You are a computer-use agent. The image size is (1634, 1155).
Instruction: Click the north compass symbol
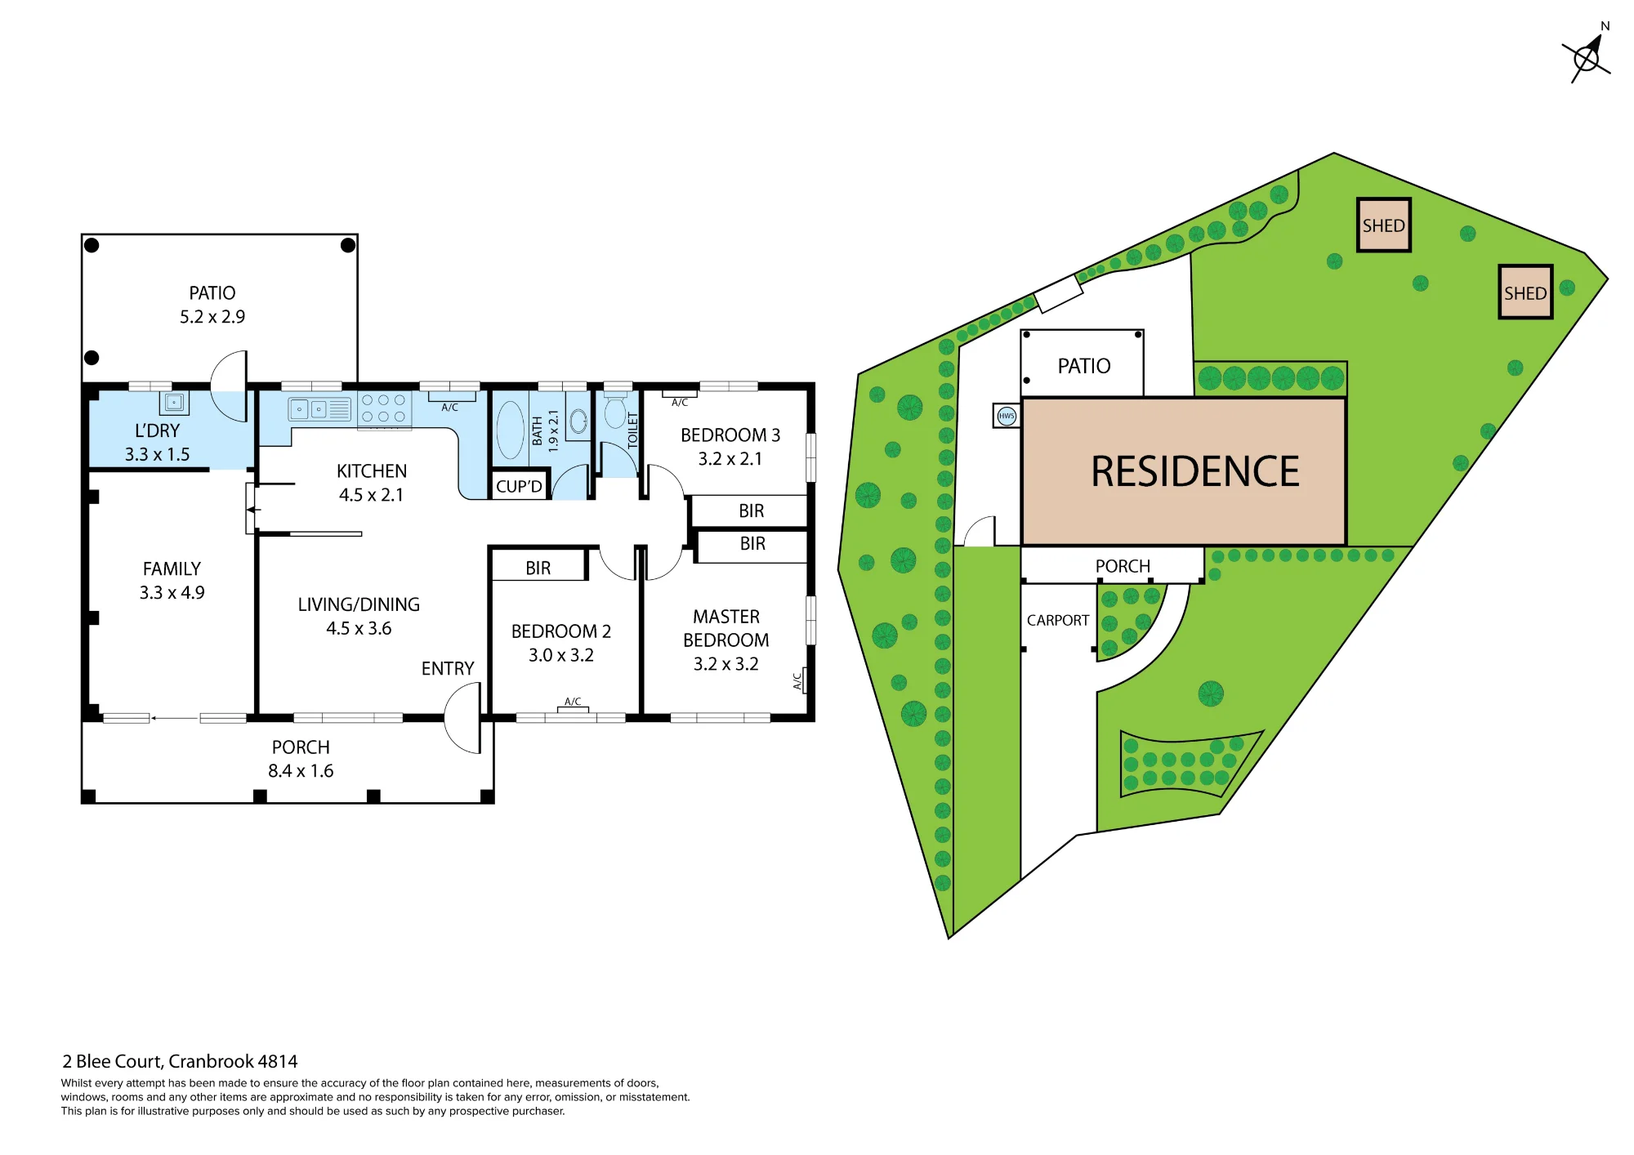(x=1587, y=57)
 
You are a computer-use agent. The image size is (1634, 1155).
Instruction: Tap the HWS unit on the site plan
(x=1007, y=416)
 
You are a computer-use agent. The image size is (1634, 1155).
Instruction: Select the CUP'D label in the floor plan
(x=519, y=486)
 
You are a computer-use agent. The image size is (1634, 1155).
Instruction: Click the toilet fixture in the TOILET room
(x=615, y=410)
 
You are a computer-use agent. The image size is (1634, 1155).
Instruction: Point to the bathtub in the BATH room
(x=511, y=430)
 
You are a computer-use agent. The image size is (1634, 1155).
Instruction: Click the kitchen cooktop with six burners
(x=384, y=409)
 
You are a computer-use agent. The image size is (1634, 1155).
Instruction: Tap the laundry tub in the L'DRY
(x=174, y=403)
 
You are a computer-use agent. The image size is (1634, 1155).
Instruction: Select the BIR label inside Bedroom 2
(x=538, y=569)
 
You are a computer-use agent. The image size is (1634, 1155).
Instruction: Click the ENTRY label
(x=448, y=668)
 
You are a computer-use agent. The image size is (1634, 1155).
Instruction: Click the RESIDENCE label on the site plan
(x=1195, y=472)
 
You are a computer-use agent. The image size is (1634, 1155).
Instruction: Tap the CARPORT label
(x=1058, y=620)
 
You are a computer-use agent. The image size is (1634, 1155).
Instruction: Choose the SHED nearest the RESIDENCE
(x=1384, y=225)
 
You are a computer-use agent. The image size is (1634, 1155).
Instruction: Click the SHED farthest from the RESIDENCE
(x=1525, y=292)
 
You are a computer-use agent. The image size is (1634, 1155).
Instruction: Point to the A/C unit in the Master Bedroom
(x=802, y=680)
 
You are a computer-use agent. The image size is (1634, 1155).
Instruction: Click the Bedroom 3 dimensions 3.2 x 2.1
(x=730, y=459)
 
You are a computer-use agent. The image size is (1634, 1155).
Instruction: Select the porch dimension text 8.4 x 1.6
(x=301, y=771)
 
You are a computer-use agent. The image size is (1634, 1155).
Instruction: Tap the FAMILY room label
(x=172, y=569)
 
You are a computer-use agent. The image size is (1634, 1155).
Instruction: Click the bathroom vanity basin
(x=578, y=421)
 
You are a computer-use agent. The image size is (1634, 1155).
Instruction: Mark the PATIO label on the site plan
(x=1084, y=366)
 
